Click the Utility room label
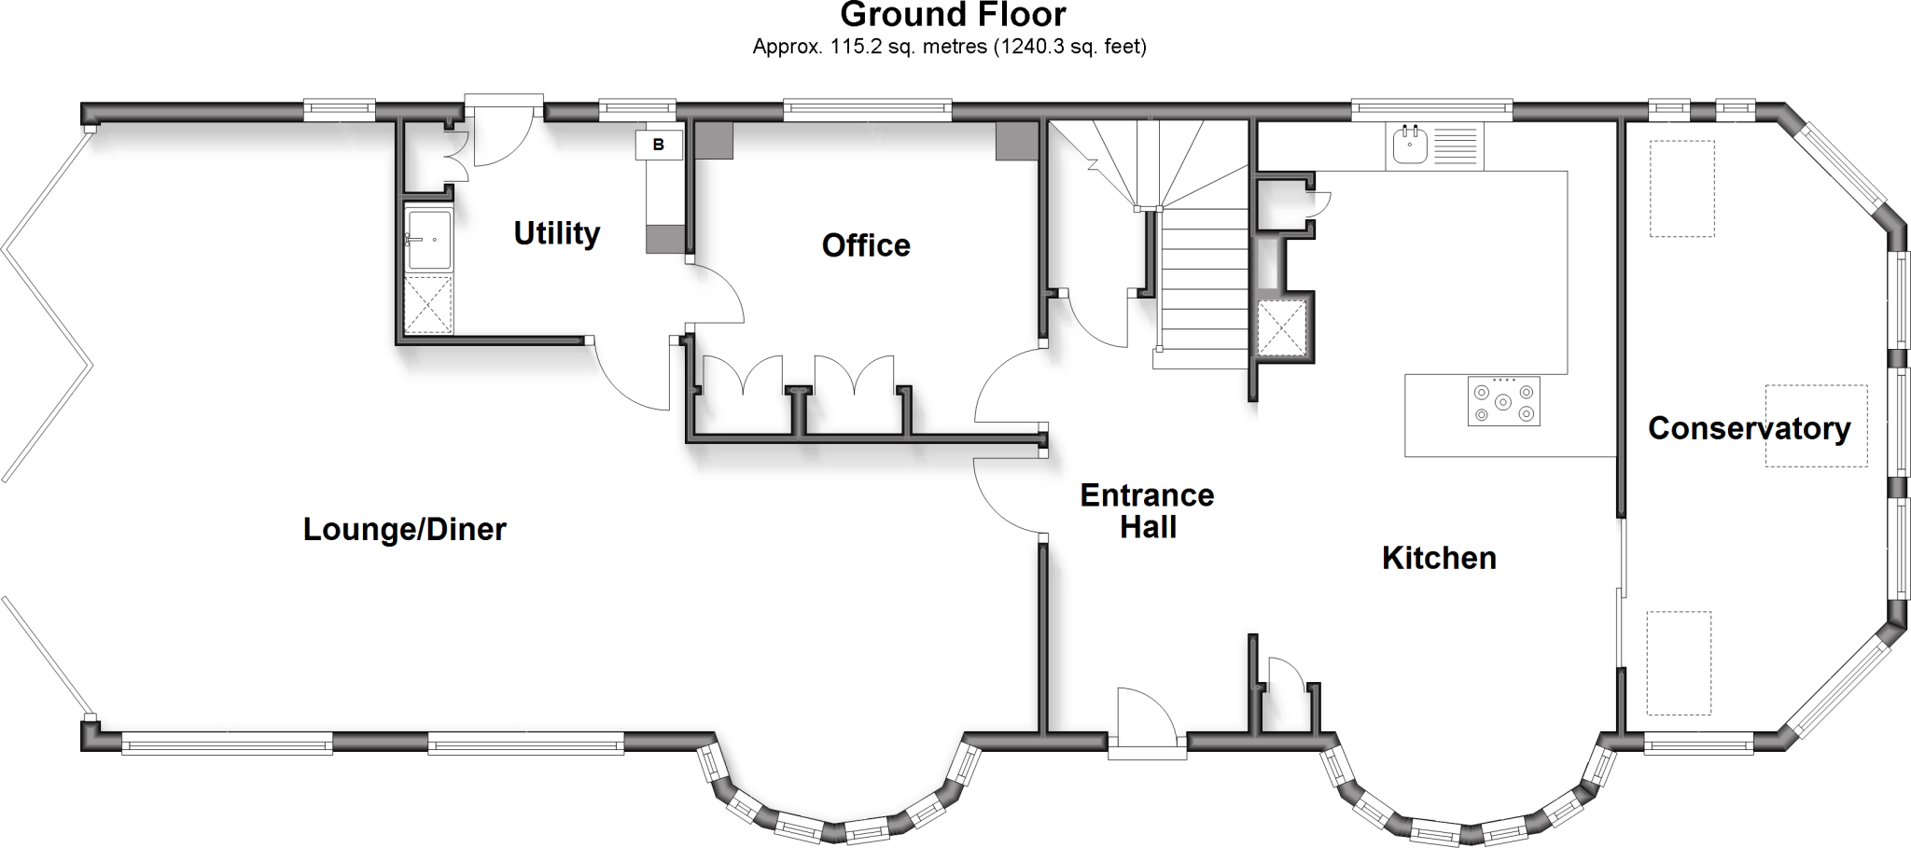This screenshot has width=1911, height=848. [x=557, y=233]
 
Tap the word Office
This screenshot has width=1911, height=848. [x=866, y=245]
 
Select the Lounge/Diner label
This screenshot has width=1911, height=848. [x=404, y=530]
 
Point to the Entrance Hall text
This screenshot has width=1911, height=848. [x=1147, y=511]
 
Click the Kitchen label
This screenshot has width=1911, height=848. [x=1439, y=558]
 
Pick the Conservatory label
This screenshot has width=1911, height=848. [x=1749, y=428]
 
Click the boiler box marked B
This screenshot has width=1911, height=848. [x=659, y=145]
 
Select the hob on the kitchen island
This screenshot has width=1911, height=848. [x=1503, y=401]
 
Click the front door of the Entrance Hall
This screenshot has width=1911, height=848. [x=1147, y=723]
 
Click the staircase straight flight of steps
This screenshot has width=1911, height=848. [x=1204, y=280]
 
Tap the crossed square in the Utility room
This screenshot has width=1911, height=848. [x=428, y=304]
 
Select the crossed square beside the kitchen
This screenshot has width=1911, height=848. [x=1280, y=328]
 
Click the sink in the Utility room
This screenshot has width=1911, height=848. [x=428, y=240]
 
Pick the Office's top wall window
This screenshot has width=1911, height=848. [x=867, y=111]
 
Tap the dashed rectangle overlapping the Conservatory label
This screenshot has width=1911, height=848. [x=1815, y=425]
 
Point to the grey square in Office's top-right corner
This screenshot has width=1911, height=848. [x=1016, y=141]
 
